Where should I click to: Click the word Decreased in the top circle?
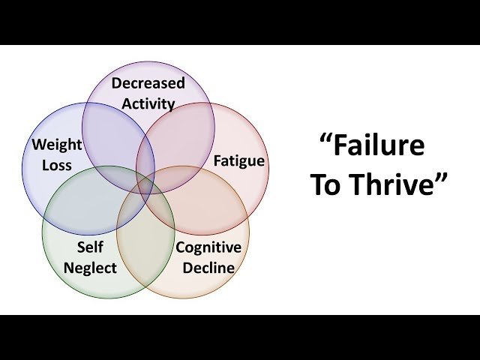coord(148,83)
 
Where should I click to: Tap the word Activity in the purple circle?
coord(148,103)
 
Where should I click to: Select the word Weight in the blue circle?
coord(56,144)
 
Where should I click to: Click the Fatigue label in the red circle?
coord(238,160)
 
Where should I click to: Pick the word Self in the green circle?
coord(90,247)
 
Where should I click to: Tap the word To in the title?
coord(325,185)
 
